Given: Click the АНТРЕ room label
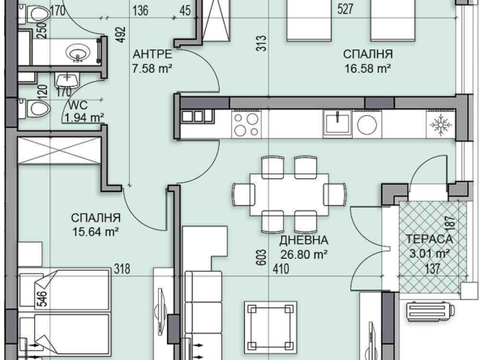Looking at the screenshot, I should (152, 54).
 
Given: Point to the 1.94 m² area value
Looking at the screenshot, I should (84, 118).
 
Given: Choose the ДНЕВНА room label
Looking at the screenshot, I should (304, 241).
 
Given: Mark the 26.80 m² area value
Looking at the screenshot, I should (304, 254).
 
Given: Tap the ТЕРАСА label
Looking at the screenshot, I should (429, 241).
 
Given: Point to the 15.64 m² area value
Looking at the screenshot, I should (96, 231).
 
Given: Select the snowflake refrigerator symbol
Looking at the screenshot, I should (443, 124).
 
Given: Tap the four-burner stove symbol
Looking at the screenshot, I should (246, 124).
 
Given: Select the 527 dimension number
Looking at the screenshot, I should (345, 11).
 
